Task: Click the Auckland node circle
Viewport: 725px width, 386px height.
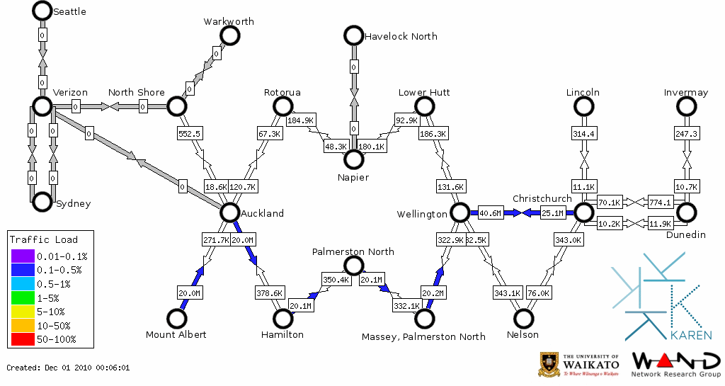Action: pos(229,212)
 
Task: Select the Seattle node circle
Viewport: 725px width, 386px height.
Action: pos(42,11)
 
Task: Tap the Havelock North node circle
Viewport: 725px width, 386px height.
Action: pos(353,35)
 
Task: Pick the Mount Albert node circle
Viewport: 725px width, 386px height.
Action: pos(176,319)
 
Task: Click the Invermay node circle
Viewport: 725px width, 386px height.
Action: pos(686,106)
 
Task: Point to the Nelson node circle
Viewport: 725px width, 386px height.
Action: pos(523,319)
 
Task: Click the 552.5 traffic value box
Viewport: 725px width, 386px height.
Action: pos(190,133)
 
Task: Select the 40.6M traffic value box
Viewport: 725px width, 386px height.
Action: pos(490,212)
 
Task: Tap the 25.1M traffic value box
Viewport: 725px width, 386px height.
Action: pos(553,212)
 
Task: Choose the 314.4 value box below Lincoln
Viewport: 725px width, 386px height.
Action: pos(583,133)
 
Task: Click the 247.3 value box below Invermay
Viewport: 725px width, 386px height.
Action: pos(686,133)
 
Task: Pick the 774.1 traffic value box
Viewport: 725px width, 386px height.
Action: pos(659,202)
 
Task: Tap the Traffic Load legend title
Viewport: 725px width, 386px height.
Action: pos(44,239)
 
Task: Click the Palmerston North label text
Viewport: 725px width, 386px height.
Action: pos(353,251)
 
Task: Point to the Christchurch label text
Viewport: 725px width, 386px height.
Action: pos(542,198)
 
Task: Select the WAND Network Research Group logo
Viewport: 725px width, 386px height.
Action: pos(675,364)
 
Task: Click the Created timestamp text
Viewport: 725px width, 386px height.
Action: pos(68,368)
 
